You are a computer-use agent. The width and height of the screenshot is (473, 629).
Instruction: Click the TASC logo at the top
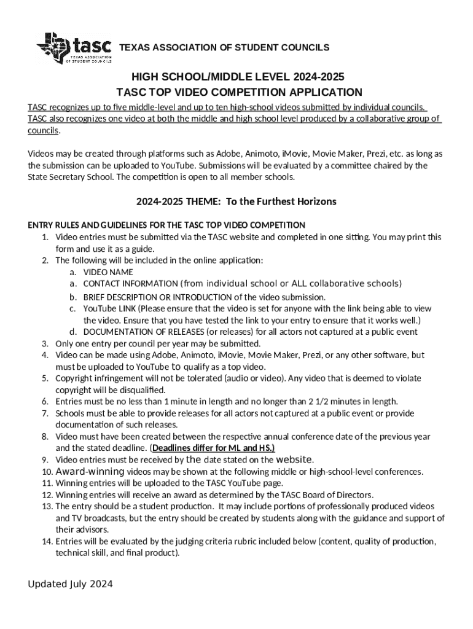pyautogui.click(x=74, y=47)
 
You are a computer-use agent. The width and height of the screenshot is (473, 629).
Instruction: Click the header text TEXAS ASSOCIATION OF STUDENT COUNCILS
pyautogui.click(x=224, y=48)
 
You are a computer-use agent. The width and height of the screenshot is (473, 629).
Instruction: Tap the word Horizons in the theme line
pyautogui.click(x=313, y=201)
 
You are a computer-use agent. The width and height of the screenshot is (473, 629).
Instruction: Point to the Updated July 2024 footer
pyautogui.click(x=70, y=584)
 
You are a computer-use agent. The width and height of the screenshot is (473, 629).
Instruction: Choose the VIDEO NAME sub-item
pyautogui.click(x=108, y=272)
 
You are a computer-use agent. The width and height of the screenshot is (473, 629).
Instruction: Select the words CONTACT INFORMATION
pyautogui.click(x=130, y=284)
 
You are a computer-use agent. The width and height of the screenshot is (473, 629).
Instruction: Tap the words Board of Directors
pyautogui.click(x=339, y=494)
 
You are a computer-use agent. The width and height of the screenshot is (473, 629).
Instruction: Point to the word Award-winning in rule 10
pyautogui.click(x=90, y=472)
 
